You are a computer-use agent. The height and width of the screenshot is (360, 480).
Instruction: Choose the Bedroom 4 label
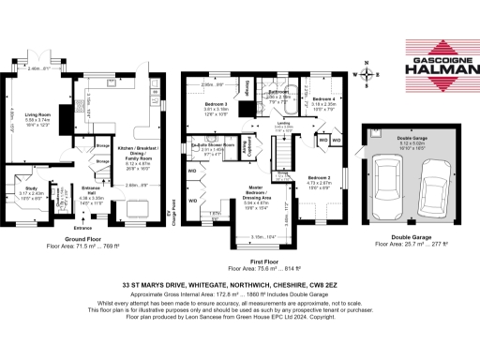click(x=322, y=102)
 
